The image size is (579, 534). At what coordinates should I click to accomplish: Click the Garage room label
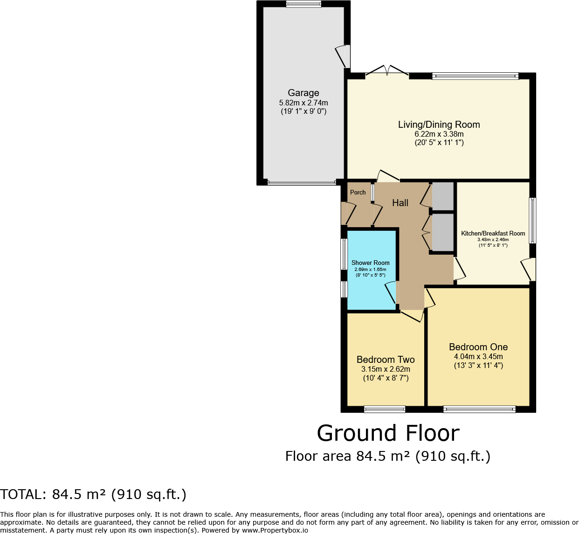click(303, 93)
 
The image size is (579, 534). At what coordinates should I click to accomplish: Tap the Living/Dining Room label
click(439, 125)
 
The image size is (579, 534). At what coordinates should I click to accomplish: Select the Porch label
click(358, 192)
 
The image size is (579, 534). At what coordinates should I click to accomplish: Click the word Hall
click(400, 203)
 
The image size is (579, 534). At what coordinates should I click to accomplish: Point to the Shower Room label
click(370, 263)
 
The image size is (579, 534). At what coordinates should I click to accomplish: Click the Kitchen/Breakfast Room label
click(493, 234)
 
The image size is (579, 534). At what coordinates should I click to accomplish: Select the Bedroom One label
click(478, 347)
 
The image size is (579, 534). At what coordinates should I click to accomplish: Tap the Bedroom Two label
click(386, 360)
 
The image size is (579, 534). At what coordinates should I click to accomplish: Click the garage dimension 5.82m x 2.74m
click(303, 103)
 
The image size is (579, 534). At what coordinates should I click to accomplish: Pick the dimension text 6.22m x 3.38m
click(439, 134)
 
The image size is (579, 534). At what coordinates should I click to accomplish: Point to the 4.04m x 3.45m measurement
click(478, 357)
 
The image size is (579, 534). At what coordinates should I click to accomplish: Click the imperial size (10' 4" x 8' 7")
click(386, 378)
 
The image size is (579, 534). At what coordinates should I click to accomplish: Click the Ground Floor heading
click(388, 433)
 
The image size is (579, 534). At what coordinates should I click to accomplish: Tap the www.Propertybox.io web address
click(275, 530)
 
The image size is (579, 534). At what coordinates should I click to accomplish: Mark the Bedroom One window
click(479, 409)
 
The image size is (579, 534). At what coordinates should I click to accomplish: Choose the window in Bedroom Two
click(385, 409)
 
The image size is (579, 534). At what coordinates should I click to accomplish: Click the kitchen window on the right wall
click(532, 221)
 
